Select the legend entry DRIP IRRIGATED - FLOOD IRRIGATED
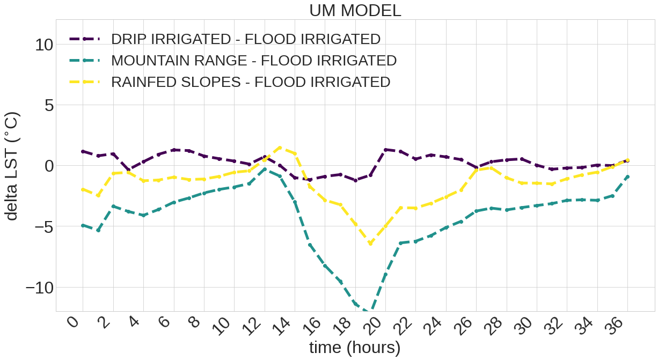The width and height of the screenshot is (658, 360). point(245,39)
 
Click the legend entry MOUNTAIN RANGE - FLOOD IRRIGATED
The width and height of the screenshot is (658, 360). point(253,61)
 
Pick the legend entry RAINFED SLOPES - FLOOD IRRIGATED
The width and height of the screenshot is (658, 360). point(250,82)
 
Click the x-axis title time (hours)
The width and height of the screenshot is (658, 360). point(355,348)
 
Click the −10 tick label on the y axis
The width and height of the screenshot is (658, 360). point(40,287)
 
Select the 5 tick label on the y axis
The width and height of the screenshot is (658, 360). point(49,105)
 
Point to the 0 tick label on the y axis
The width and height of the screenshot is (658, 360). point(49,165)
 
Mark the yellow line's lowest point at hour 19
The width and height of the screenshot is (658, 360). point(370,244)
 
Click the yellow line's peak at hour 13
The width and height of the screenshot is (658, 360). point(280,147)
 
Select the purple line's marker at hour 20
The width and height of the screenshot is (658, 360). point(386,150)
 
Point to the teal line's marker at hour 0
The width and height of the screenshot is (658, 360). point(83,225)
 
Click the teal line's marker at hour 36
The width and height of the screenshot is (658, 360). point(628,177)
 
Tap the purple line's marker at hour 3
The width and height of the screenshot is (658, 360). point(128,170)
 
